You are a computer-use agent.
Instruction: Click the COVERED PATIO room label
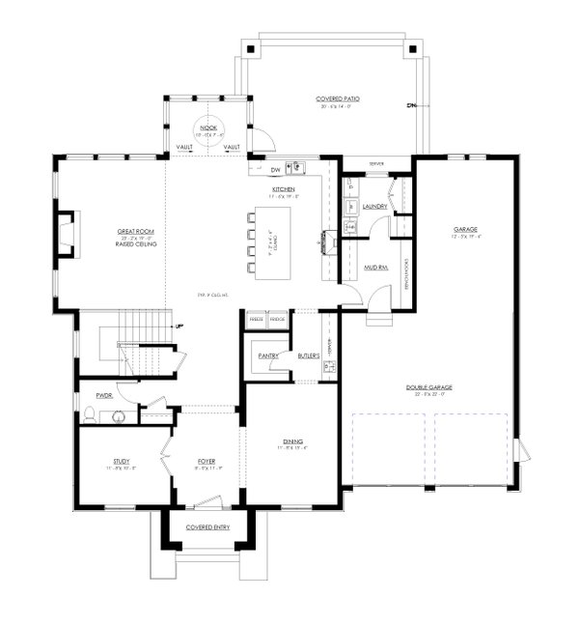coord(332,99)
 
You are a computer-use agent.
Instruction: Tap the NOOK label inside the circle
coord(207,128)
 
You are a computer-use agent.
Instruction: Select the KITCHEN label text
coord(283,189)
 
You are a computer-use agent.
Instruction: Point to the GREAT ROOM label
coord(136,233)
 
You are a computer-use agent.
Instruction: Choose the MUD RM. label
coord(375,268)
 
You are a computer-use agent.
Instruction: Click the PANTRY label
coord(268,355)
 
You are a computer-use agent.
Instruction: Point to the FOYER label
coord(206,462)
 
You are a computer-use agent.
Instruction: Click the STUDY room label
coord(121,462)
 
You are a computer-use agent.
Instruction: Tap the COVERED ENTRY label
coord(206,528)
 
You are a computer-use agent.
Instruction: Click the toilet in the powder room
coord(90,416)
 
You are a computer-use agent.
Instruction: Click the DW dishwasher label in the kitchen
coord(275,170)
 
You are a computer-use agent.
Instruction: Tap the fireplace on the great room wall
coord(64,234)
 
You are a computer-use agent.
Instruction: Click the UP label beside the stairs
coord(179,326)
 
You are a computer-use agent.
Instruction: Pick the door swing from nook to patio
coord(262,141)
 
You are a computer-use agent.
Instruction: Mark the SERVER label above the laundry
coord(375,164)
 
